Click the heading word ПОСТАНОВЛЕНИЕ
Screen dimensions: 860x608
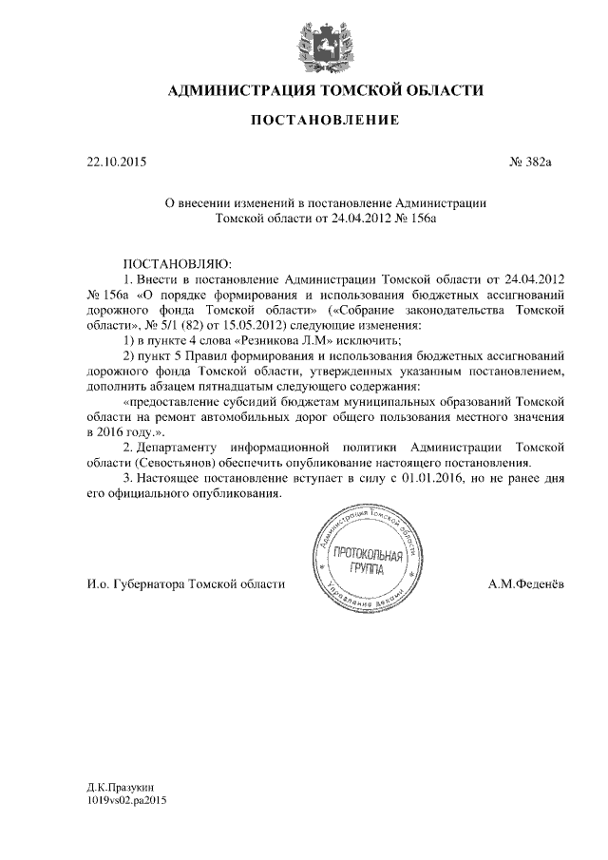tap(324, 121)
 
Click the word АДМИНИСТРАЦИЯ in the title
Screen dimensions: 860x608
tap(243, 90)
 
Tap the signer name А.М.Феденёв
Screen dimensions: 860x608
tap(525, 583)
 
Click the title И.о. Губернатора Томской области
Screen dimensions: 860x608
tap(180, 583)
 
